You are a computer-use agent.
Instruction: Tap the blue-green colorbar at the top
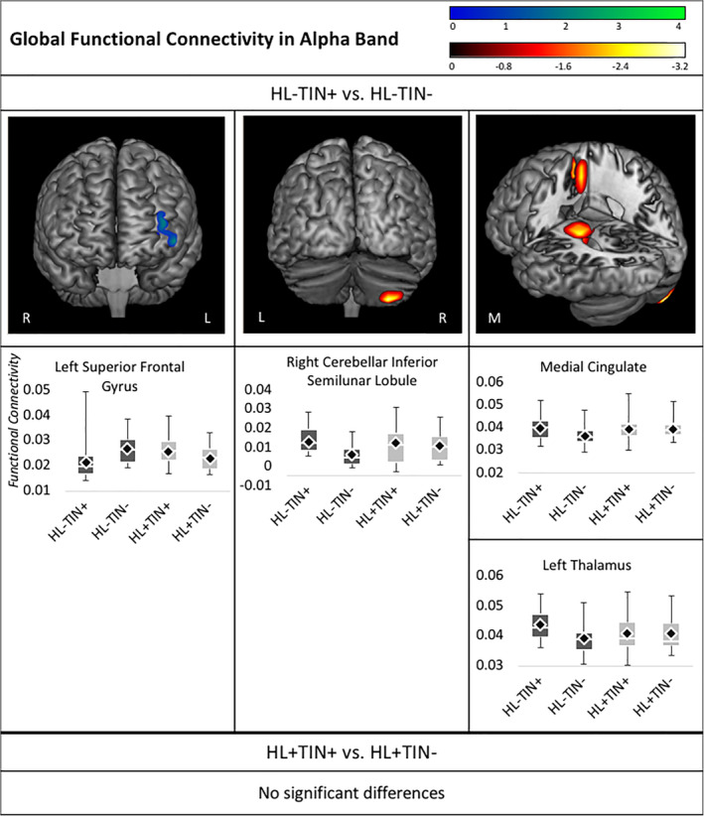pyautogui.click(x=567, y=14)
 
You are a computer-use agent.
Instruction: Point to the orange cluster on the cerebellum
pyautogui.click(x=388, y=295)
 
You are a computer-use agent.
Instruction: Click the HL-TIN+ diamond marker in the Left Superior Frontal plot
pyautogui.click(x=86, y=463)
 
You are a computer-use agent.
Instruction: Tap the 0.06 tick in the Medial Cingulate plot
pyautogui.click(x=493, y=381)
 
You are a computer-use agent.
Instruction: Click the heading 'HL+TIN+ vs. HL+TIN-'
pyautogui.click(x=352, y=752)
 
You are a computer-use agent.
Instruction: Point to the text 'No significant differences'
pyautogui.click(x=352, y=793)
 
